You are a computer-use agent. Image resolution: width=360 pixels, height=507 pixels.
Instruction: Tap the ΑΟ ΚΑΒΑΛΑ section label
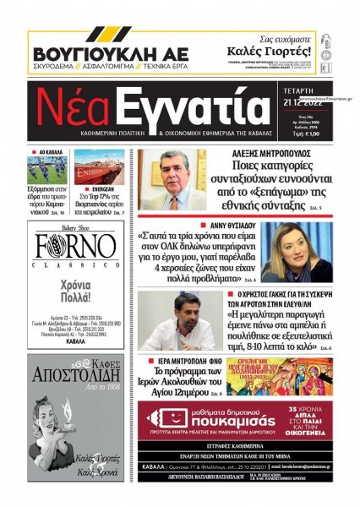click(x=51, y=154)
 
